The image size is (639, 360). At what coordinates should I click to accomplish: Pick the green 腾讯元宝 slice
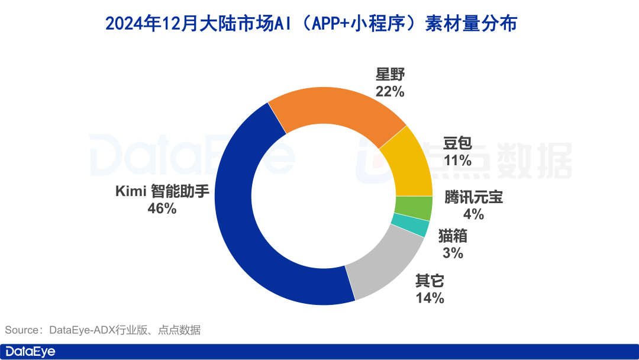coord(413,208)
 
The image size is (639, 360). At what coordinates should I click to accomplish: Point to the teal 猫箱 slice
coord(409,226)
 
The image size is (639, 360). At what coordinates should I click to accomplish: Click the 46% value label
coord(162,208)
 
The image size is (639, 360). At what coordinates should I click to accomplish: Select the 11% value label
coord(457,160)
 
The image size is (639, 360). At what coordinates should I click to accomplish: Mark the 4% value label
coord(473,214)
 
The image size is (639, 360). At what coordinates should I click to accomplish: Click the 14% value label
coord(430,298)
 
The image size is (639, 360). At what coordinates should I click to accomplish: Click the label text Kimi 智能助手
coord(163,192)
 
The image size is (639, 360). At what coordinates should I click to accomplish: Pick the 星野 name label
coord(390,75)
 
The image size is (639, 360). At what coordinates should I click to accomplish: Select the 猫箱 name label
coord(453,236)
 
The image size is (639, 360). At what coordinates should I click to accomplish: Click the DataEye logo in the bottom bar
coord(30,351)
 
